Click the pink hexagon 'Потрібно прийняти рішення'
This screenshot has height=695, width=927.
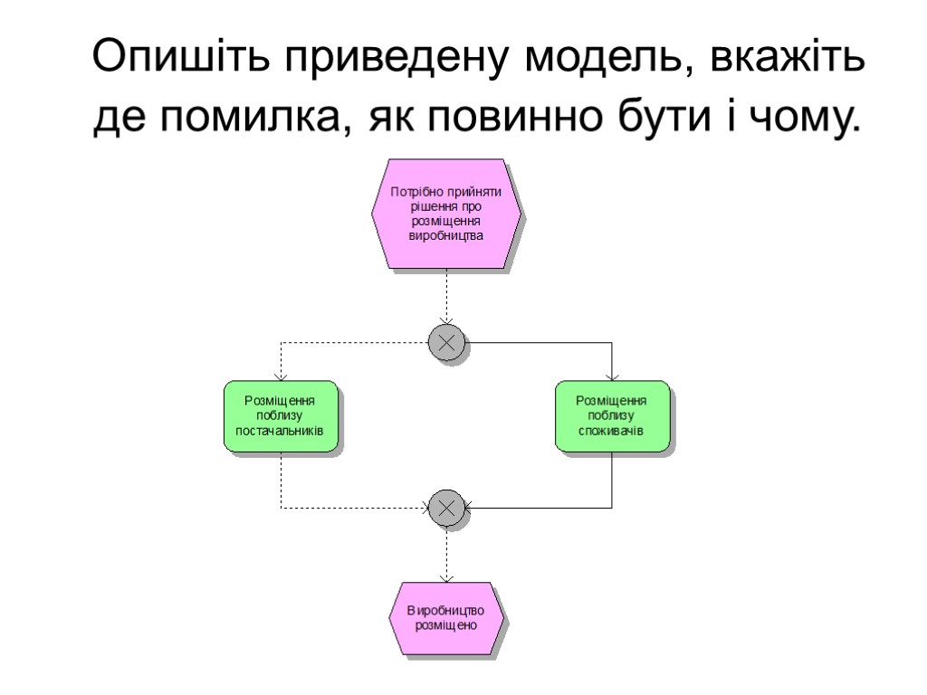pos(446,214)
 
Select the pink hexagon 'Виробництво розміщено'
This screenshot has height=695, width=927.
pos(446,617)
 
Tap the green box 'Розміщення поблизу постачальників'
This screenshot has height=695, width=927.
pos(281,415)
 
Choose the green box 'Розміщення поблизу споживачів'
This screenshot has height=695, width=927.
pos(612,415)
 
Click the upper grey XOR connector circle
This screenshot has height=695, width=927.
pos(446,343)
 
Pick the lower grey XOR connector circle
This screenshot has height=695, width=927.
pos(446,508)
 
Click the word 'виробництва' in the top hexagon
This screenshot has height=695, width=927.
pos(446,235)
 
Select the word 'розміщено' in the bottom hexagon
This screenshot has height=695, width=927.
pos(446,624)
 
